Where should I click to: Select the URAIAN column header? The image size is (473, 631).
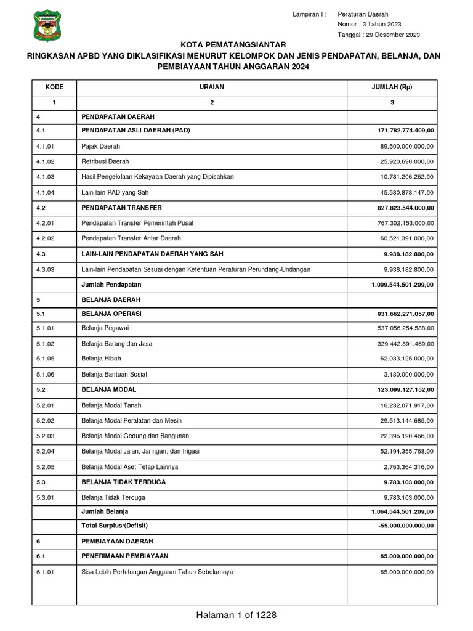coord(212,87)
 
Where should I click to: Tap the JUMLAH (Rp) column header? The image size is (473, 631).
coord(392,87)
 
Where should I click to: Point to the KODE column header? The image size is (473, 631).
coord(54,87)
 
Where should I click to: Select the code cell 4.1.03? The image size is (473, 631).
coord(46,177)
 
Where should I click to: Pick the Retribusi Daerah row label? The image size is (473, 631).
coord(105,161)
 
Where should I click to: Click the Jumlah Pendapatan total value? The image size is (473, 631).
coord(403,284)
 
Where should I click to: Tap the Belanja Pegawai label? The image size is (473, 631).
coord(105,328)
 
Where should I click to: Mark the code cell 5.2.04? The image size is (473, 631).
coord(46,451)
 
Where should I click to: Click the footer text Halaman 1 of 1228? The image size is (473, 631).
coord(236,615)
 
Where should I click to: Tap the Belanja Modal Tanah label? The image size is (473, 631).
coord(110,404)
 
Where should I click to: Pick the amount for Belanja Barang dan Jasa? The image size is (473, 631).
coord(406,343)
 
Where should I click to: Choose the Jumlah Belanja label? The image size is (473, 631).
coord(105,511)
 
